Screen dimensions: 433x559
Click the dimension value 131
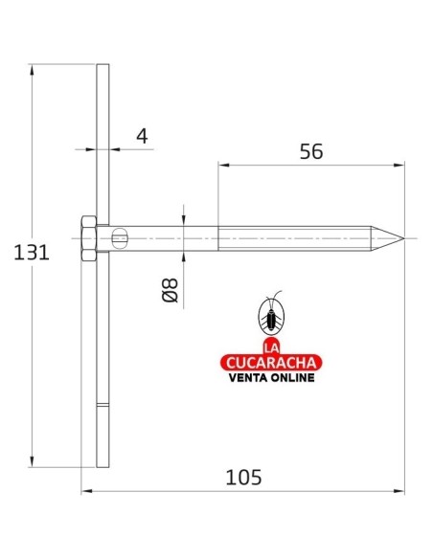tap(32, 253)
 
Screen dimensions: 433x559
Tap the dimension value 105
tap(243, 478)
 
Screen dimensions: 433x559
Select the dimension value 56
tap(311, 151)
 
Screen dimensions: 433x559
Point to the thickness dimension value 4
tap(142, 136)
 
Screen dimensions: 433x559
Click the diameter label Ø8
tap(171, 290)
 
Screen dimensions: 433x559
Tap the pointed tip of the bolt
tap(404, 238)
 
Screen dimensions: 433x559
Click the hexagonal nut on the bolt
tap(88, 238)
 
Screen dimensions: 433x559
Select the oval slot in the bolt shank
tap(120, 238)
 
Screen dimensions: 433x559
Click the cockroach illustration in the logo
tap(271, 314)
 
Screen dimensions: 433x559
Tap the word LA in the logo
tap(271, 348)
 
